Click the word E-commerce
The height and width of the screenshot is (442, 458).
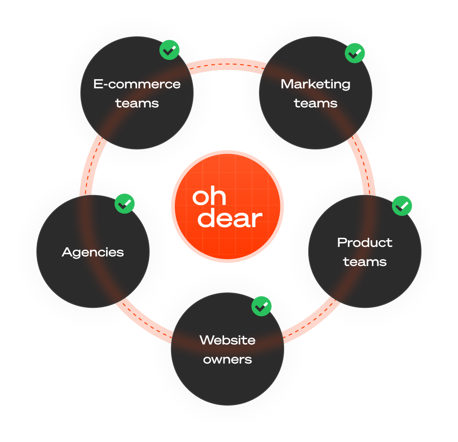(x=137, y=84)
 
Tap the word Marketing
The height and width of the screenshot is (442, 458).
(x=316, y=84)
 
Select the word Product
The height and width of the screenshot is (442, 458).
(x=365, y=242)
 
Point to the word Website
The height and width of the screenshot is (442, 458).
(x=227, y=340)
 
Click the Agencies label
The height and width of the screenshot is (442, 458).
(x=93, y=252)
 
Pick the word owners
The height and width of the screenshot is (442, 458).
(x=227, y=359)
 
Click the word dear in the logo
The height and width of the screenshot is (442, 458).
(x=230, y=218)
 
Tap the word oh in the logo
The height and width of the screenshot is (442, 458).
(x=209, y=196)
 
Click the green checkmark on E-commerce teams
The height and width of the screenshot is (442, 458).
(x=169, y=50)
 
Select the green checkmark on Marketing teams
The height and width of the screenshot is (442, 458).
(x=355, y=53)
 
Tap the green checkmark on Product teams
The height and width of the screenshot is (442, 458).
(x=402, y=206)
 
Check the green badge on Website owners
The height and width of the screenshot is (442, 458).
(x=261, y=306)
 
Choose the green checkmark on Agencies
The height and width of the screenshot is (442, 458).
(x=124, y=204)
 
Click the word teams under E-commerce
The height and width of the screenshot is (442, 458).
(x=137, y=103)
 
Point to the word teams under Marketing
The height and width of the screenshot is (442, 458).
(x=316, y=103)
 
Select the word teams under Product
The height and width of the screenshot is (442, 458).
(x=365, y=262)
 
